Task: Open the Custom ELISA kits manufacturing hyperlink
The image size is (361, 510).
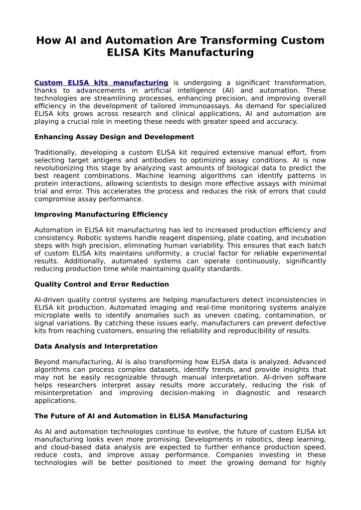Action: coord(101,82)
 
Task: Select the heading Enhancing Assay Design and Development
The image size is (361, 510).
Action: coord(114,137)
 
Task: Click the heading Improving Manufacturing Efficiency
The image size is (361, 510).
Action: coord(101,214)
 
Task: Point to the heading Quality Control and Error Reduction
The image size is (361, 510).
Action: coord(101,284)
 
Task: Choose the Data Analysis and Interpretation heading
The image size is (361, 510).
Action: coord(96,346)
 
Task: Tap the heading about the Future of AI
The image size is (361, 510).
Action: coord(141,416)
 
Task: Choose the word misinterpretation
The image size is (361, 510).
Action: coord(63,393)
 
